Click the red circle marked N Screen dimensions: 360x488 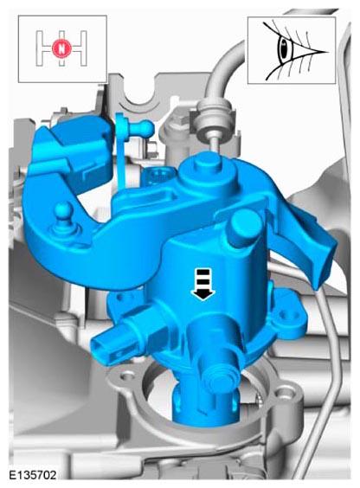(61, 48)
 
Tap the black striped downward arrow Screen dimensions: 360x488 (202, 284)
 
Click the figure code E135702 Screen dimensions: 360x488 (33, 475)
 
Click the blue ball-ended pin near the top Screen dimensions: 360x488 (142, 126)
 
